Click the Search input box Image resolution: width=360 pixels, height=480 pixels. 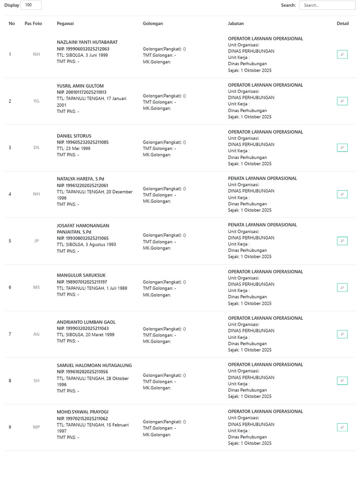click(327, 5)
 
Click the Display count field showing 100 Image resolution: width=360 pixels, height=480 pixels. click(31, 5)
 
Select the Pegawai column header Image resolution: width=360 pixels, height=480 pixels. click(65, 23)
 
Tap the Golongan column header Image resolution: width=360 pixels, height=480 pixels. click(153, 23)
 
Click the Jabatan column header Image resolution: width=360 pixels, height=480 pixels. click(236, 23)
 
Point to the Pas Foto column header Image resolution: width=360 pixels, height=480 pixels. click(33, 23)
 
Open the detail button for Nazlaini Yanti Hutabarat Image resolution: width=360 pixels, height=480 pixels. click(342, 54)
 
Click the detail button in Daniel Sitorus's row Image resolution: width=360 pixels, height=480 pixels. click(342, 148)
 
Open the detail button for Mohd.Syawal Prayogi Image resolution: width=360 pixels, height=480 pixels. click(342, 427)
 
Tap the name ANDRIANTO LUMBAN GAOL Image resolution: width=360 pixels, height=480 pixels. click(86, 322)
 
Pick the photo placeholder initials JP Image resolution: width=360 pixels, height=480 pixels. click(37, 241)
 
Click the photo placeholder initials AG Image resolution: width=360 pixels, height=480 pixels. click(37, 334)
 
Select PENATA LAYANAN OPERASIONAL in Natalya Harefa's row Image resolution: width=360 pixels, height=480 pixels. click(262, 178)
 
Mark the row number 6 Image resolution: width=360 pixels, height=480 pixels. click(10, 287)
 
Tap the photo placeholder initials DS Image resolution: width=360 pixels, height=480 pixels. click(37, 148)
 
